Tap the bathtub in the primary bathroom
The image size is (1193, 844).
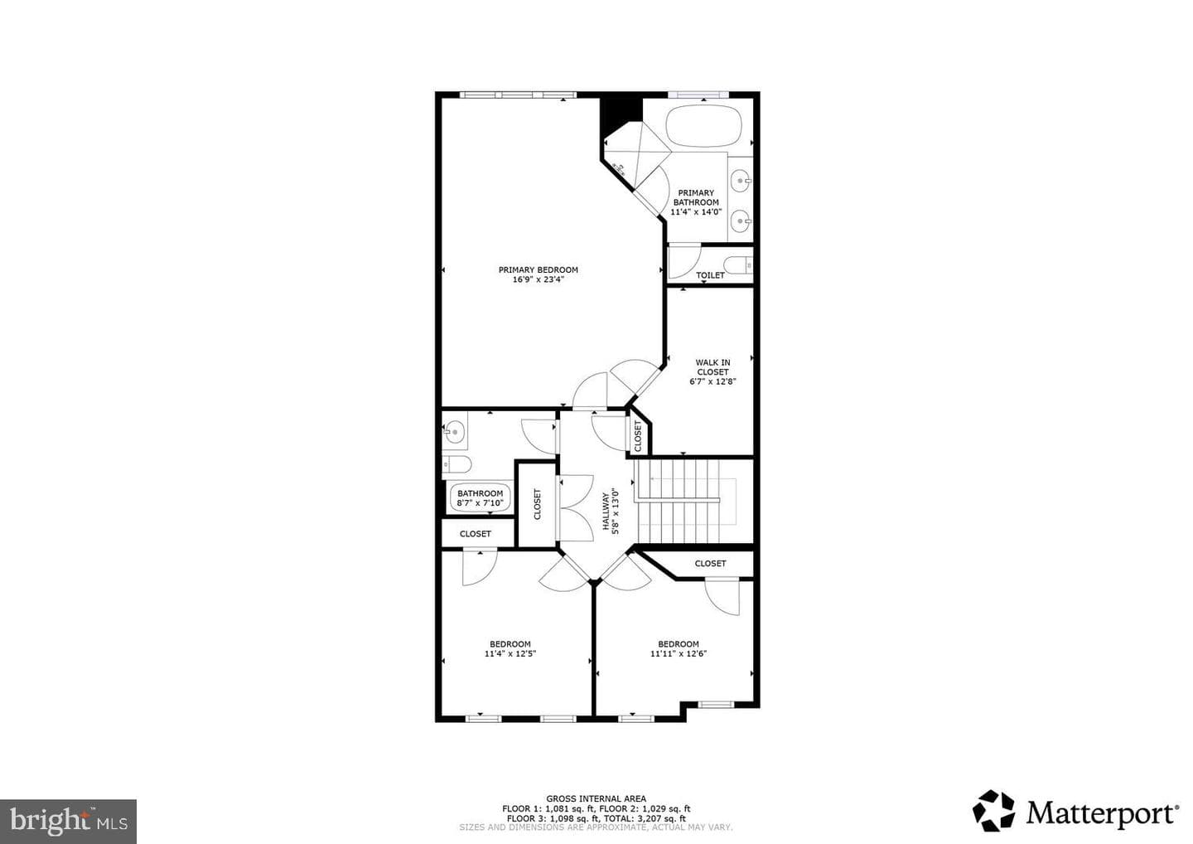(703, 126)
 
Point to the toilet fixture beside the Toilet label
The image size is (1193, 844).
(737, 264)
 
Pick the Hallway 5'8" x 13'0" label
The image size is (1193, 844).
(611, 511)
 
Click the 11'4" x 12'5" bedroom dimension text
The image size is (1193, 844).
(510, 653)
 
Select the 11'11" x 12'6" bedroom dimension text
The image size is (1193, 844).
(678, 653)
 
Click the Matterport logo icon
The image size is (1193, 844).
(994, 811)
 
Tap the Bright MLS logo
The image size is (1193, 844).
(68, 821)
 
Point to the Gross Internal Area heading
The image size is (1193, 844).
(596, 798)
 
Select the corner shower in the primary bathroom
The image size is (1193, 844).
(636, 154)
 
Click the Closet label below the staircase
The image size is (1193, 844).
(710, 563)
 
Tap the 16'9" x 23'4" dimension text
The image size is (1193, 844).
(538, 279)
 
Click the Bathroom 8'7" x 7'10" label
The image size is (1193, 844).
(480, 497)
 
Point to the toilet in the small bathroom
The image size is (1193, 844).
(457, 464)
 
